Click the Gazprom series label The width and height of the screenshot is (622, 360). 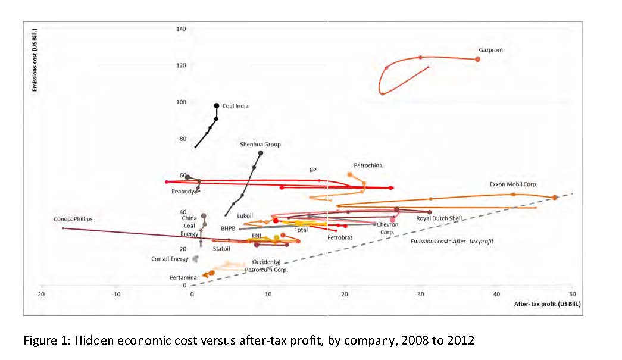coord(490,50)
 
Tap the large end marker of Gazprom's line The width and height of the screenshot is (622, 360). coord(477,59)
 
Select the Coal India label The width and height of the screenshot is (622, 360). coord(235,106)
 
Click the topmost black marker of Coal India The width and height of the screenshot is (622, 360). coord(217,105)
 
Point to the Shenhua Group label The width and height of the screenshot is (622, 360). coord(260,144)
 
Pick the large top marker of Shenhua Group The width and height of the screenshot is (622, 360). coord(261,153)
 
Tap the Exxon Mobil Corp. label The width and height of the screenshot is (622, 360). coord(513,184)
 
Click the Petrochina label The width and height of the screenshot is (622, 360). coord(368,165)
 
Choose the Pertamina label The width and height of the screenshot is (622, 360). coord(183,277)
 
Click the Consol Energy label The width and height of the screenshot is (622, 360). coord(170,259)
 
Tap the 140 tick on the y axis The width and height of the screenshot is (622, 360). coord(181,29)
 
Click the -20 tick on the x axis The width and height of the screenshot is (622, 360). coord(40,294)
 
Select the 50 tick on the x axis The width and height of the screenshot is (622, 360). coord(572,294)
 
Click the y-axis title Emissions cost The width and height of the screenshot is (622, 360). coord(36,59)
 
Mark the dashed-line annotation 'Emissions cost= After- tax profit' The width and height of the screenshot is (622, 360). coord(452,241)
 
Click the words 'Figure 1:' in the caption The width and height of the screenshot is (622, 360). coord(43,341)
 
